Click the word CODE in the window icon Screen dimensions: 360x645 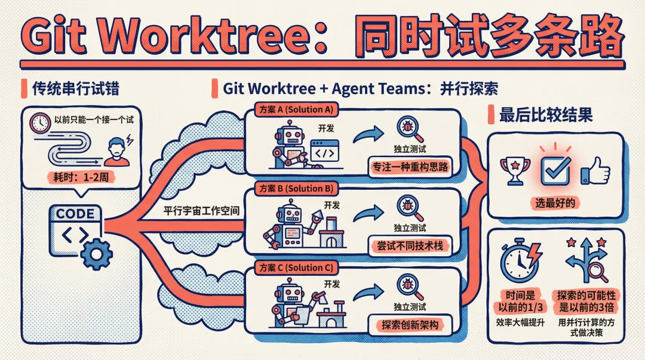pos(75,214)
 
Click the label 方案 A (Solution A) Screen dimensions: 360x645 pos(295,109)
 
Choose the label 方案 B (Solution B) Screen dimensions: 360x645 pos(295,188)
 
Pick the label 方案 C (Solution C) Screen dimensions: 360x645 pos(295,267)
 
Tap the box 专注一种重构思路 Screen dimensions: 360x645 pos(409,168)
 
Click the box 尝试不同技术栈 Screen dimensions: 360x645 pos(409,245)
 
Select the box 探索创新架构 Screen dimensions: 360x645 pos(409,325)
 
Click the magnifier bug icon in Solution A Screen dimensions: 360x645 pos(409,127)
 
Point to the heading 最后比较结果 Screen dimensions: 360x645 pos(546,115)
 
